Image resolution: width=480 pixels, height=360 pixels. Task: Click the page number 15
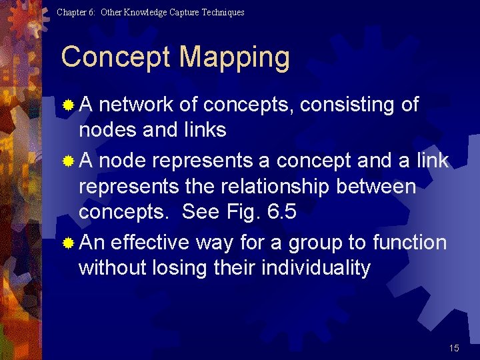pyautogui.click(x=454, y=348)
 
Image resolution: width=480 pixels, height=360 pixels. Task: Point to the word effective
pyautogui.click(x=150, y=242)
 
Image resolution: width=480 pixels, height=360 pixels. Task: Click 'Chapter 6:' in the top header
pyautogui.click(x=76, y=12)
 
